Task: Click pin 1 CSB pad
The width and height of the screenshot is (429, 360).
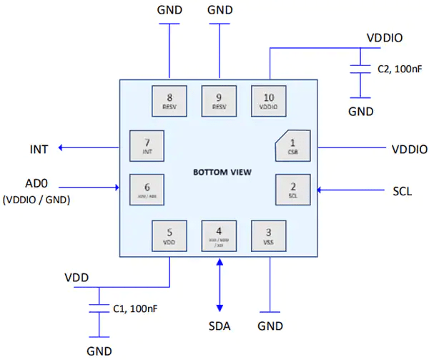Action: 292,146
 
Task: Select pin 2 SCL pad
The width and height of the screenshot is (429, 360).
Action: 292,190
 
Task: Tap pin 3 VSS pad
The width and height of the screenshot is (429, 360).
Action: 268,235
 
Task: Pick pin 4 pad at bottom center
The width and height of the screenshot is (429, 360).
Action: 219,235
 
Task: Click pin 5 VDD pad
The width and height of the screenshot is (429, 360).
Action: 169,235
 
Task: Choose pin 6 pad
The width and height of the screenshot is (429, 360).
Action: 145,190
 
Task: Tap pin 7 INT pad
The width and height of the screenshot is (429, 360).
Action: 145,146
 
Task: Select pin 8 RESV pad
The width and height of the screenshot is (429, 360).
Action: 169,101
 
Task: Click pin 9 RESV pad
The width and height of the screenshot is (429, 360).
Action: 219,101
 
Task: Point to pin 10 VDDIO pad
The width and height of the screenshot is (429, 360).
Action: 268,101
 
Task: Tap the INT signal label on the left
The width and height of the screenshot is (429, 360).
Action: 39,149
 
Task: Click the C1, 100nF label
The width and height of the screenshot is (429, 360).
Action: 136,308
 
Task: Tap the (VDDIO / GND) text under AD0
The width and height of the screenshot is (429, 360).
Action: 36,201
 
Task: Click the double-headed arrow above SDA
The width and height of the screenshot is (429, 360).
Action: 219,286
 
